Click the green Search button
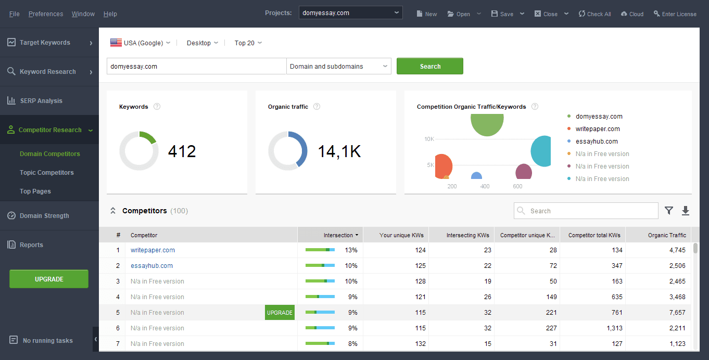[x=429, y=66]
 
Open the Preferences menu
[x=46, y=14]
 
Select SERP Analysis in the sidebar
[x=41, y=101]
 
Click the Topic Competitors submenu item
[x=46, y=173]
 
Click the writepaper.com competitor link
[x=153, y=250]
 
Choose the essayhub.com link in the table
[x=151, y=266]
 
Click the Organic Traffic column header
[x=667, y=235]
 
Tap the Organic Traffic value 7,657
[x=676, y=313]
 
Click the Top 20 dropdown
[x=248, y=43]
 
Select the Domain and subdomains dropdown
[x=338, y=66]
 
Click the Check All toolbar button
[x=594, y=14]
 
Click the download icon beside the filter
[x=686, y=211]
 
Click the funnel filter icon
[x=669, y=211]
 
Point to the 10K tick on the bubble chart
[x=429, y=139]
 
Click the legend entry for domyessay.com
[x=599, y=117]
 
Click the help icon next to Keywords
[x=157, y=107]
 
